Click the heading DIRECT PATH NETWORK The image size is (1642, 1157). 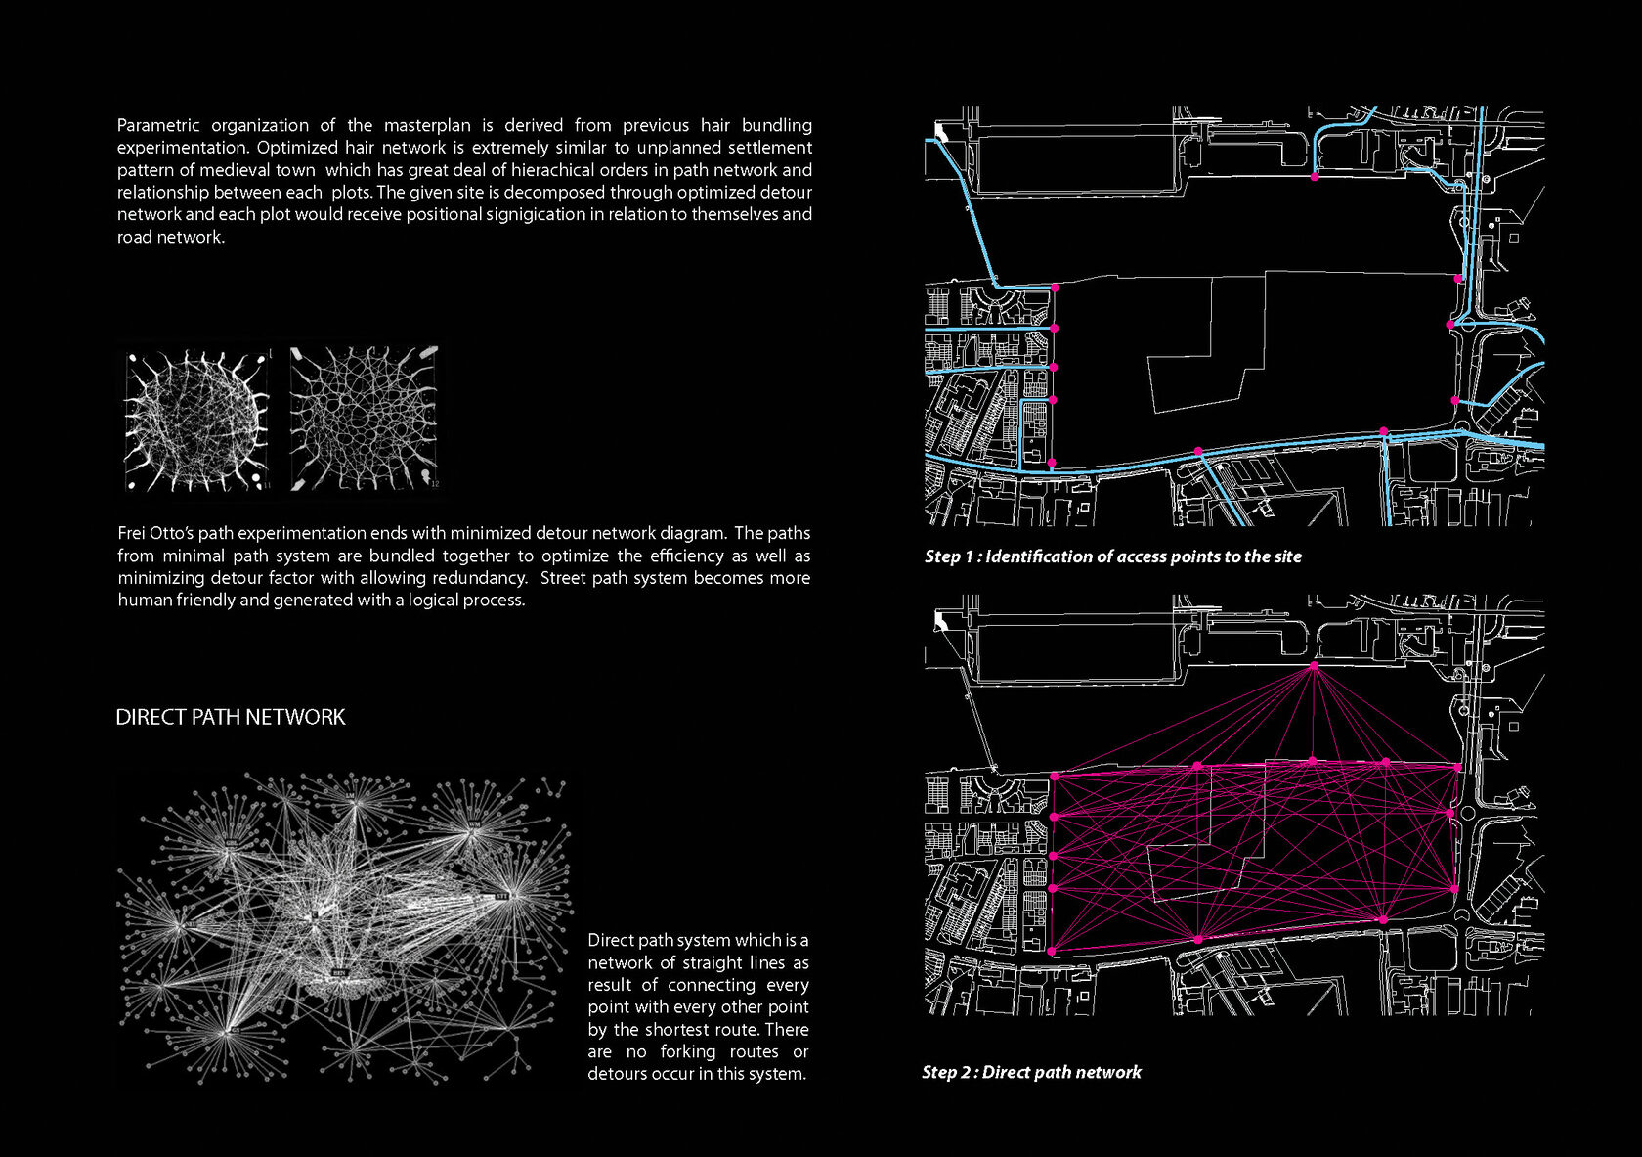230,717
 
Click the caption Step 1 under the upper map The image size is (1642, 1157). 1112,556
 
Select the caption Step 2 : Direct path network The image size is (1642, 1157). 1031,1072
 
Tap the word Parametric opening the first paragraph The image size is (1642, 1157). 158,125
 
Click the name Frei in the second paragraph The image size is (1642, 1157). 132,533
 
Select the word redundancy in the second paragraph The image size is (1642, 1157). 479,578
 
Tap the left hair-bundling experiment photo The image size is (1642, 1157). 196,421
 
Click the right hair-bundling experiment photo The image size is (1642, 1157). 365,419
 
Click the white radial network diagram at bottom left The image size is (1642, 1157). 342,929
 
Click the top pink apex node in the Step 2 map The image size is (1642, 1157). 1314,666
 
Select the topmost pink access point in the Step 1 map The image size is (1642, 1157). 1315,177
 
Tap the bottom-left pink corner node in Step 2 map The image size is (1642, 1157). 1052,951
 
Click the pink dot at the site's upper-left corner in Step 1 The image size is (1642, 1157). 1055,288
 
